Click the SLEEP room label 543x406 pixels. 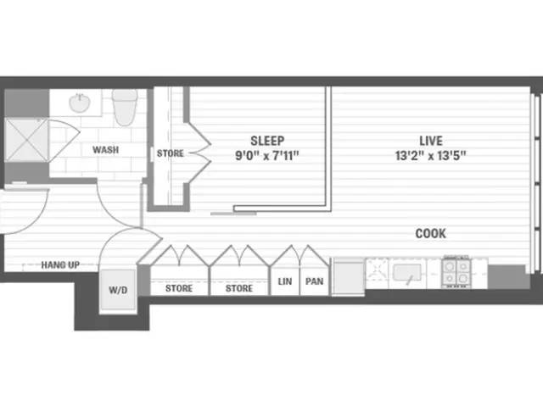[267, 141]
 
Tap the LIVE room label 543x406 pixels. [431, 141]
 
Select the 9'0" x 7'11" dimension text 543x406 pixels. [267, 156]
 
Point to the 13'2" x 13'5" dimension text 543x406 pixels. [430, 156]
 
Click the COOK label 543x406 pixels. [430, 233]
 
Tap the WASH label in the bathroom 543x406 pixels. [105, 150]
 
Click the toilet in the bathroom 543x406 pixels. [125, 107]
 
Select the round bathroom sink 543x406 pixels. [80, 103]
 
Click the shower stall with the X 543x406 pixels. [26, 140]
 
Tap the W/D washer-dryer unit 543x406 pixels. [118, 290]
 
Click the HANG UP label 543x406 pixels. [60, 265]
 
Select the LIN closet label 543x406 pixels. [285, 281]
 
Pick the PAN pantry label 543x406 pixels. [315, 281]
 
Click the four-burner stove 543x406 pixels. [456, 272]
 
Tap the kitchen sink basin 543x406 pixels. [407, 272]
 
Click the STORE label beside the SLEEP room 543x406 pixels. [170, 153]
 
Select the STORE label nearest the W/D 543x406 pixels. [179, 288]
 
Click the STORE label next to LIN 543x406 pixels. [239, 288]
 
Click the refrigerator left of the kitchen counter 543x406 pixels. [349, 276]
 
